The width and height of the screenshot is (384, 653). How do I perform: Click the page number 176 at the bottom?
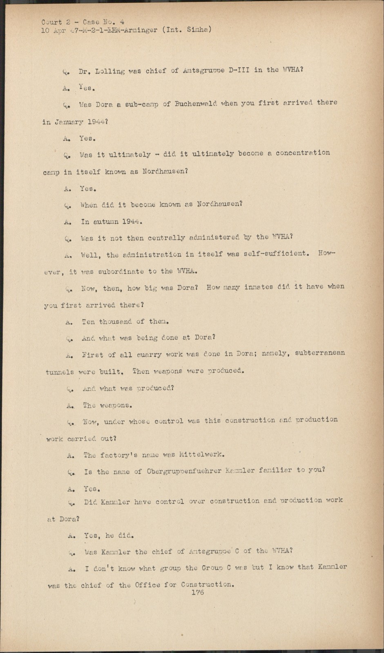click(x=197, y=592)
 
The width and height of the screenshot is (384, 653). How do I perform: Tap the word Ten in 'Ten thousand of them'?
click(x=88, y=322)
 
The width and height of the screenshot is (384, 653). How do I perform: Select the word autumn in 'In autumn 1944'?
click(x=106, y=222)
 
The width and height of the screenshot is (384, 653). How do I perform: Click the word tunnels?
click(x=59, y=372)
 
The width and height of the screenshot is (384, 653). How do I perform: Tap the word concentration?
click(x=303, y=153)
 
